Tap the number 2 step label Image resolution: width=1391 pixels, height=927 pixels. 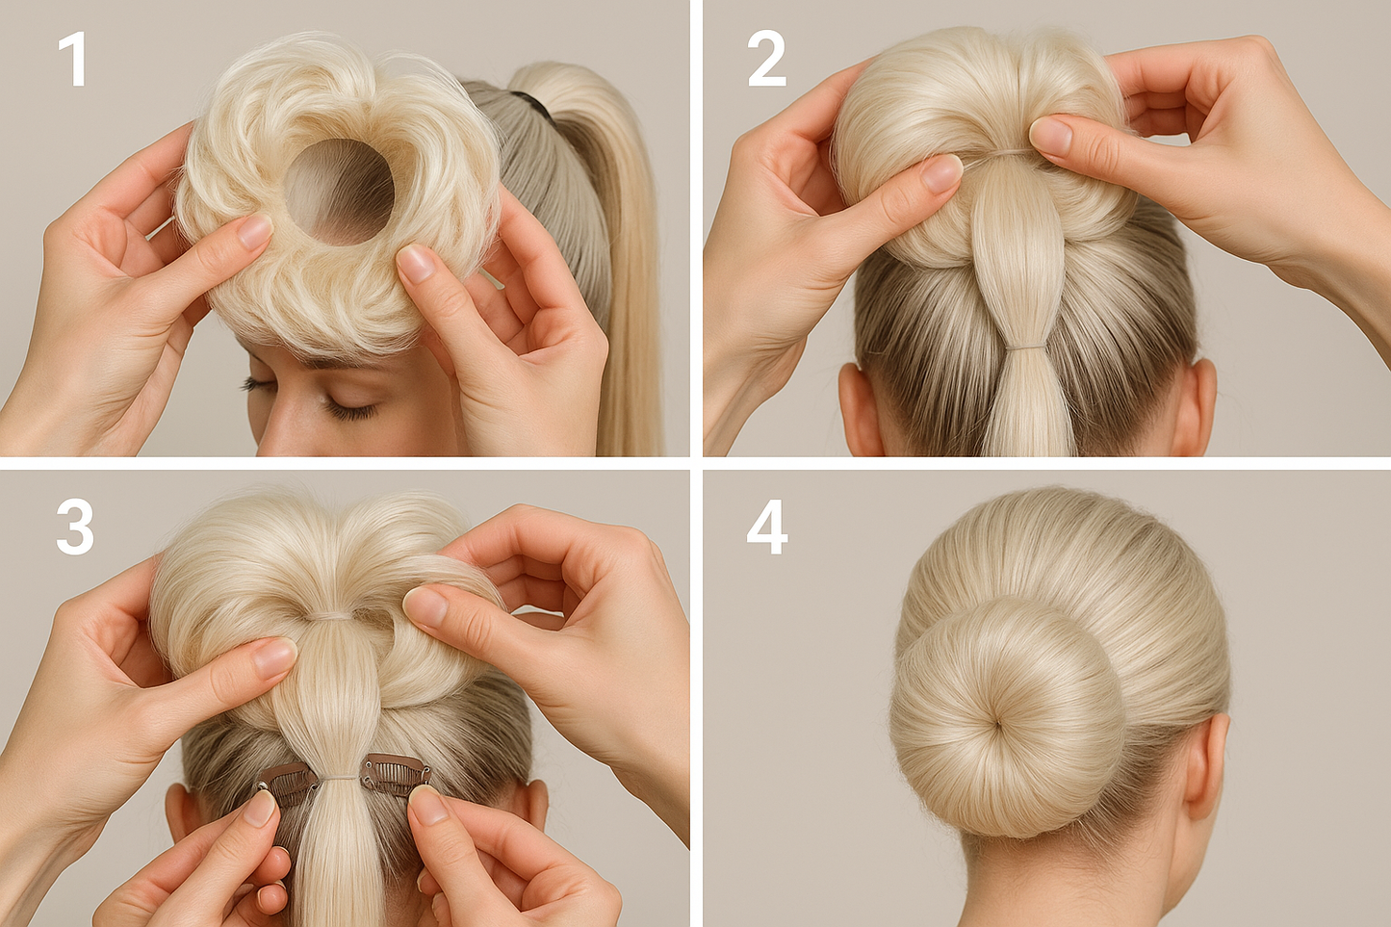(767, 60)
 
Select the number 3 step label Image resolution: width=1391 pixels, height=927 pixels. (75, 528)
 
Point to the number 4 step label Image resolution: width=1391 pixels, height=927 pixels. (767, 528)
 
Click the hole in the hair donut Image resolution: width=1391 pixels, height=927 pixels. (339, 191)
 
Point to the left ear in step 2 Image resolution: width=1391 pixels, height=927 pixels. (860, 406)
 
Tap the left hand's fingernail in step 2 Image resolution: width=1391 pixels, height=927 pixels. (941, 174)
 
